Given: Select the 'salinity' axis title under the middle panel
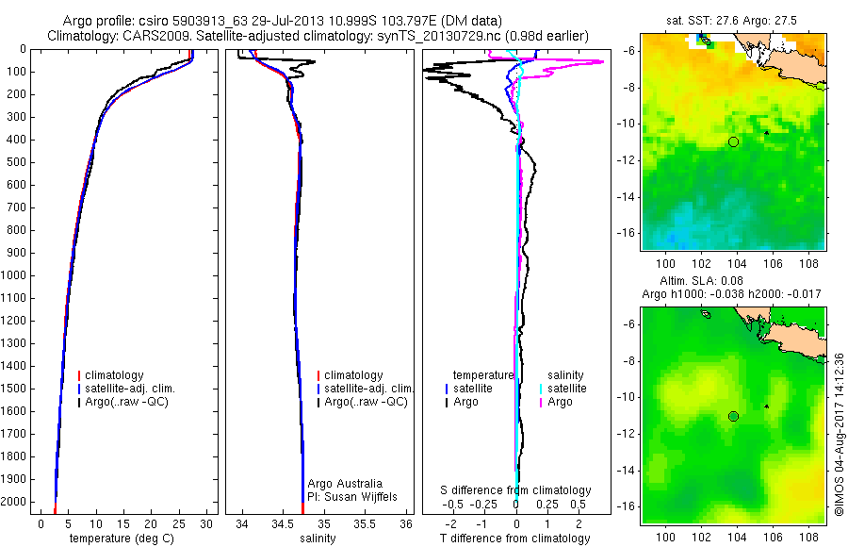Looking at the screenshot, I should click(x=317, y=539).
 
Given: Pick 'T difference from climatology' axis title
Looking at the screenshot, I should click(x=514, y=539).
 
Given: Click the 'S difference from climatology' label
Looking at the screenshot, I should click(x=516, y=490).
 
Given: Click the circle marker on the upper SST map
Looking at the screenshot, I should click(x=733, y=141).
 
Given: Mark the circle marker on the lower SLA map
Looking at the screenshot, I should click(x=733, y=416).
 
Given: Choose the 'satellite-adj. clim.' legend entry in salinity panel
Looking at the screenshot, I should click(x=367, y=389).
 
